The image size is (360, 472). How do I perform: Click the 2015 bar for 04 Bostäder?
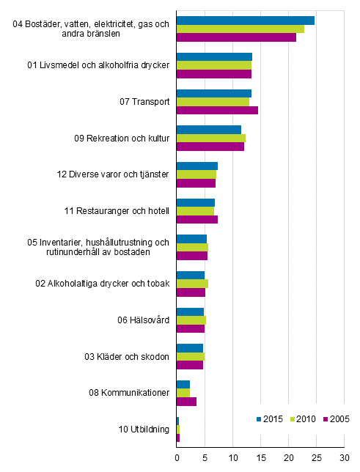[x=246, y=21]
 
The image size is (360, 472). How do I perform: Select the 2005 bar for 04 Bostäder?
[x=236, y=37]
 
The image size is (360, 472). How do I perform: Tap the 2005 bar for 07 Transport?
[x=217, y=110]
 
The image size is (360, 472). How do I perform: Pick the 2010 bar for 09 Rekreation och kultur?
[x=211, y=138]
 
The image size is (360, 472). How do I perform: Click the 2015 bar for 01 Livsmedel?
[x=214, y=56]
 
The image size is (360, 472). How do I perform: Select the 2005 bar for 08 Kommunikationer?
[x=186, y=401]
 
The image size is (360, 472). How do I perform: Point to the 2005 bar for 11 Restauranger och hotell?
[x=197, y=219]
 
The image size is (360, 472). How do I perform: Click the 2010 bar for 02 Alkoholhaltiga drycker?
[x=192, y=283]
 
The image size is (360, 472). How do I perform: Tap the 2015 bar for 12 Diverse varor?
[x=197, y=166]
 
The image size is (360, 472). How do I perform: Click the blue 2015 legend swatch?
[x=259, y=418]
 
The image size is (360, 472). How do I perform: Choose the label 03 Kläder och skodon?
[x=127, y=356]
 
